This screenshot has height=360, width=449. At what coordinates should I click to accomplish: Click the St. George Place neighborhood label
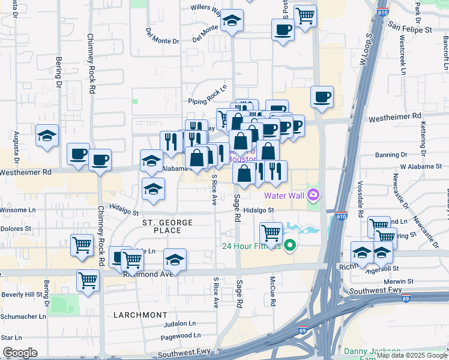[167, 226]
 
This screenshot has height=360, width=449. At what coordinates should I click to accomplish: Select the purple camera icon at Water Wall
[313, 194]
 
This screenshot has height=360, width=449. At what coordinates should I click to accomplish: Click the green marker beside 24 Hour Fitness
[290, 245]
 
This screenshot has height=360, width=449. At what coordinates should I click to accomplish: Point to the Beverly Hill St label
[22, 295]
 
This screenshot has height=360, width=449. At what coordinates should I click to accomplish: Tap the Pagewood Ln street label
[181, 335]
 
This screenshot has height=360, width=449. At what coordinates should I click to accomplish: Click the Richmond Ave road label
[148, 274]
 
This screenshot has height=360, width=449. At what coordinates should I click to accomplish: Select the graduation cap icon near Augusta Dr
[46, 136]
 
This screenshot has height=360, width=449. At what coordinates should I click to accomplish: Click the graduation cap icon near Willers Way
[232, 22]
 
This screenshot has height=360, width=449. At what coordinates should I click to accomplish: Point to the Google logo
[20, 353]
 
